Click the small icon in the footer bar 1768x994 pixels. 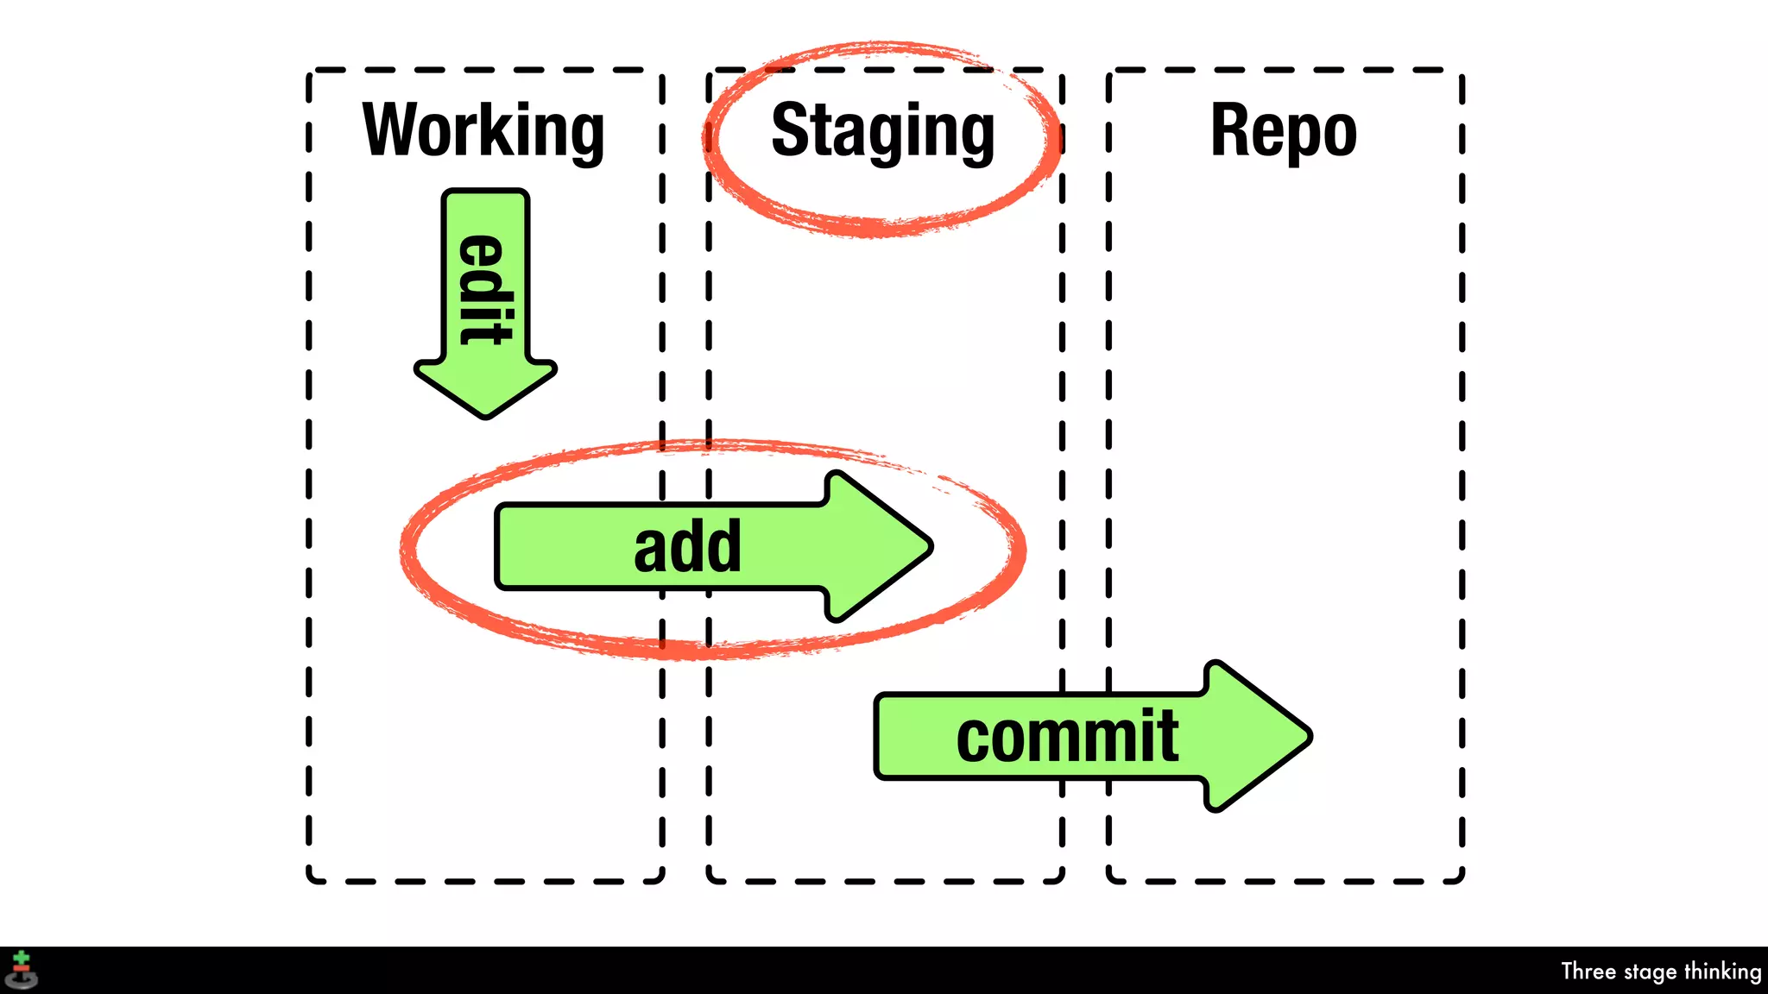point(21,971)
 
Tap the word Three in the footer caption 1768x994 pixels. point(1588,971)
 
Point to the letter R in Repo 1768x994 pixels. point(1229,129)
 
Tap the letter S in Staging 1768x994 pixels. point(789,129)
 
